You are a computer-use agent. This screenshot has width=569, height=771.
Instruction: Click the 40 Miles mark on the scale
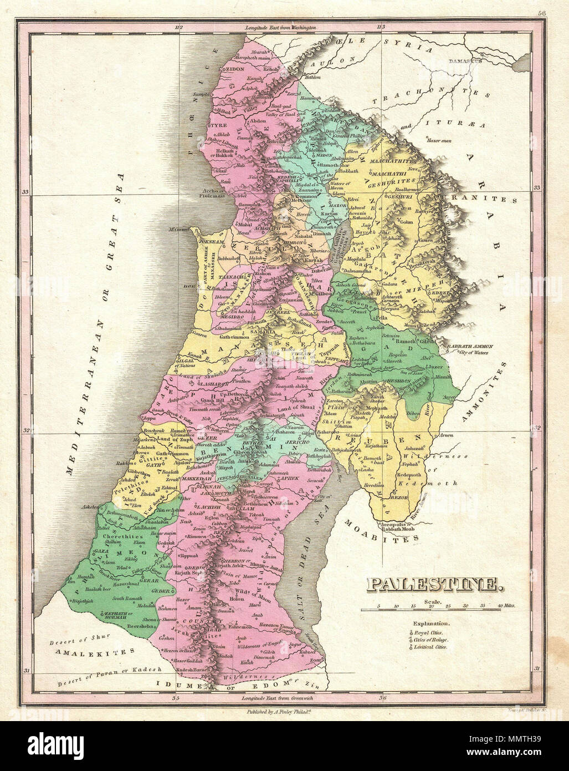[506, 606]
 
